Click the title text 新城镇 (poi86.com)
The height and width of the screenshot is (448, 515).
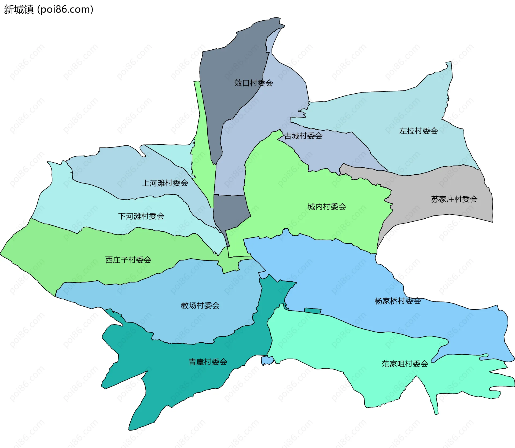pyautogui.click(x=48, y=9)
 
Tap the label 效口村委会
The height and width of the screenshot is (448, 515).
pyautogui.click(x=253, y=83)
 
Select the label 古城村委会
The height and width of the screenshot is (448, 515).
pyautogui.click(x=303, y=136)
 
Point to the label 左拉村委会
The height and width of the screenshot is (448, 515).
pyautogui.click(x=418, y=131)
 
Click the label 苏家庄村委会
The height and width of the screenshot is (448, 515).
pyautogui.click(x=454, y=199)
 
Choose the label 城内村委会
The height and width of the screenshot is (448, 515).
pyautogui.click(x=326, y=207)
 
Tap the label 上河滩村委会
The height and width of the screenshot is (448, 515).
pyautogui.click(x=165, y=183)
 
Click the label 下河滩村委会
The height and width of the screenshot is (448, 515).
pyautogui.click(x=141, y=216)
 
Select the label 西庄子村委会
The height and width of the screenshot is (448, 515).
pyautogui.click(x=128, y=260)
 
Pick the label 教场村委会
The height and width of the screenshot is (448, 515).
pyautogui.click(x=200, y=305)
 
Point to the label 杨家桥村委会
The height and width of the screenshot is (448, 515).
pyautogui.click(x=397, y=301)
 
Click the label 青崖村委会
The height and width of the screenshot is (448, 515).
pyautogui.click(x=208, y=362)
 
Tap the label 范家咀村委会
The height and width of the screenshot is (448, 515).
pyautogui.click(x=404, y=364)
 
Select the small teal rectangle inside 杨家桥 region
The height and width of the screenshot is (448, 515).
pyautogui.click(x=313, y=311)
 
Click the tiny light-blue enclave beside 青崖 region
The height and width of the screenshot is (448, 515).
pyautogui.click(x=267, y=361)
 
